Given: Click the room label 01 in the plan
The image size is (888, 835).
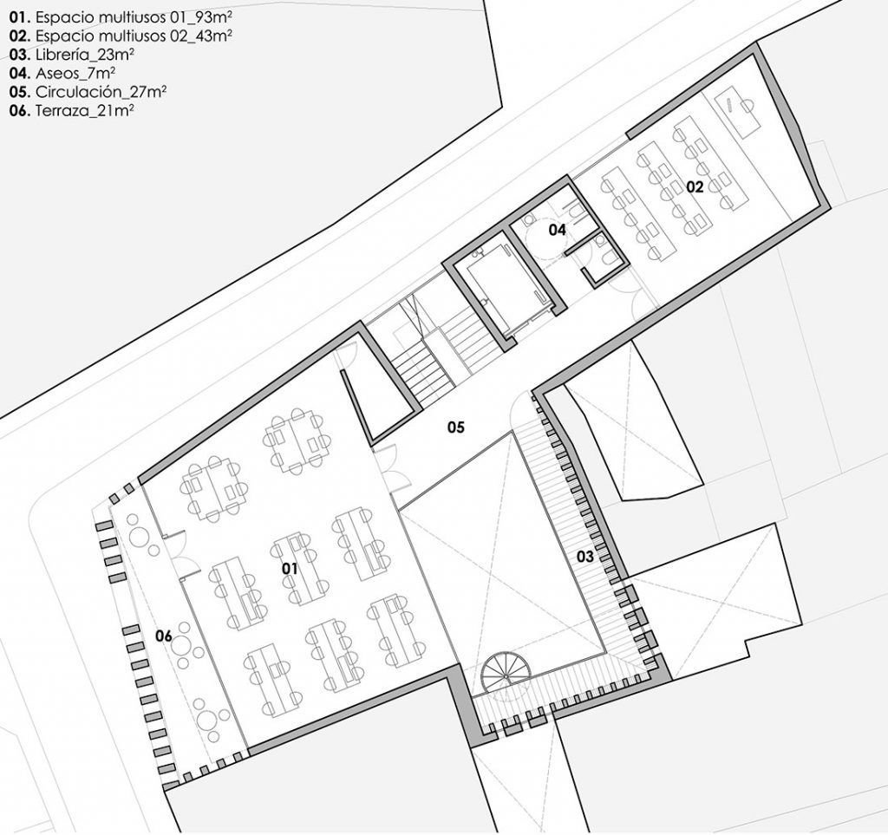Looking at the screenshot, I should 290,569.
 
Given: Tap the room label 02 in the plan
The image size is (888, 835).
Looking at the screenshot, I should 695,186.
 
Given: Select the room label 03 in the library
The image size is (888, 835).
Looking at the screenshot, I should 585,556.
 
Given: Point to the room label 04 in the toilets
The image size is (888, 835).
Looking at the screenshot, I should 557,230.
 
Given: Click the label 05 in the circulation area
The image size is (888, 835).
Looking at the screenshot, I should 456,427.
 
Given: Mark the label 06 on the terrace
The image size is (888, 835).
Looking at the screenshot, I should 164,636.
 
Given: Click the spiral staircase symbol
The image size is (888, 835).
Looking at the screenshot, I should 501,670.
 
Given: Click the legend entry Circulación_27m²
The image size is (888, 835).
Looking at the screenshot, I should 88,92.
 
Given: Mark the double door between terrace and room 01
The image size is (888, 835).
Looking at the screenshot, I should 177,555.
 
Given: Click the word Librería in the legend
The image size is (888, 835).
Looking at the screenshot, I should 66,55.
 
